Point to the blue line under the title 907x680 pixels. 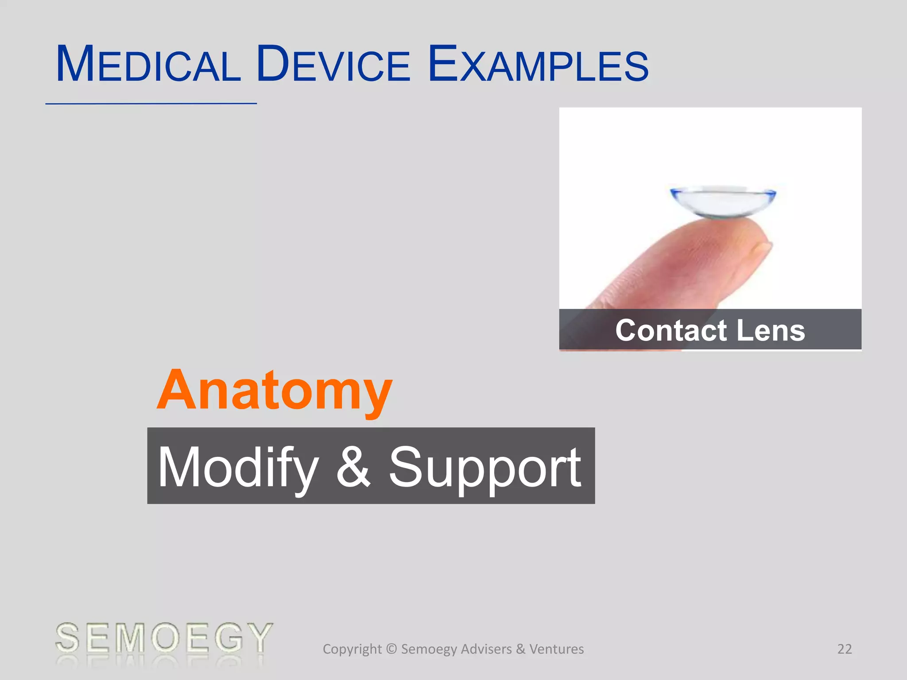coord(151,104)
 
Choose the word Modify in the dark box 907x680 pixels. coord(238,467)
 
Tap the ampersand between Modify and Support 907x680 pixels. coord(353,467)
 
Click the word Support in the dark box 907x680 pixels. coord(485,467)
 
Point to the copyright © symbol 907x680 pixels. coord(391,649)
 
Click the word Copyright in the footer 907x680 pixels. coord(352,649)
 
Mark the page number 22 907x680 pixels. coord(845,649)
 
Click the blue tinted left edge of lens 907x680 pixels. coord(675,193)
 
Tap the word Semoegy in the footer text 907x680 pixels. coord(429,649)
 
